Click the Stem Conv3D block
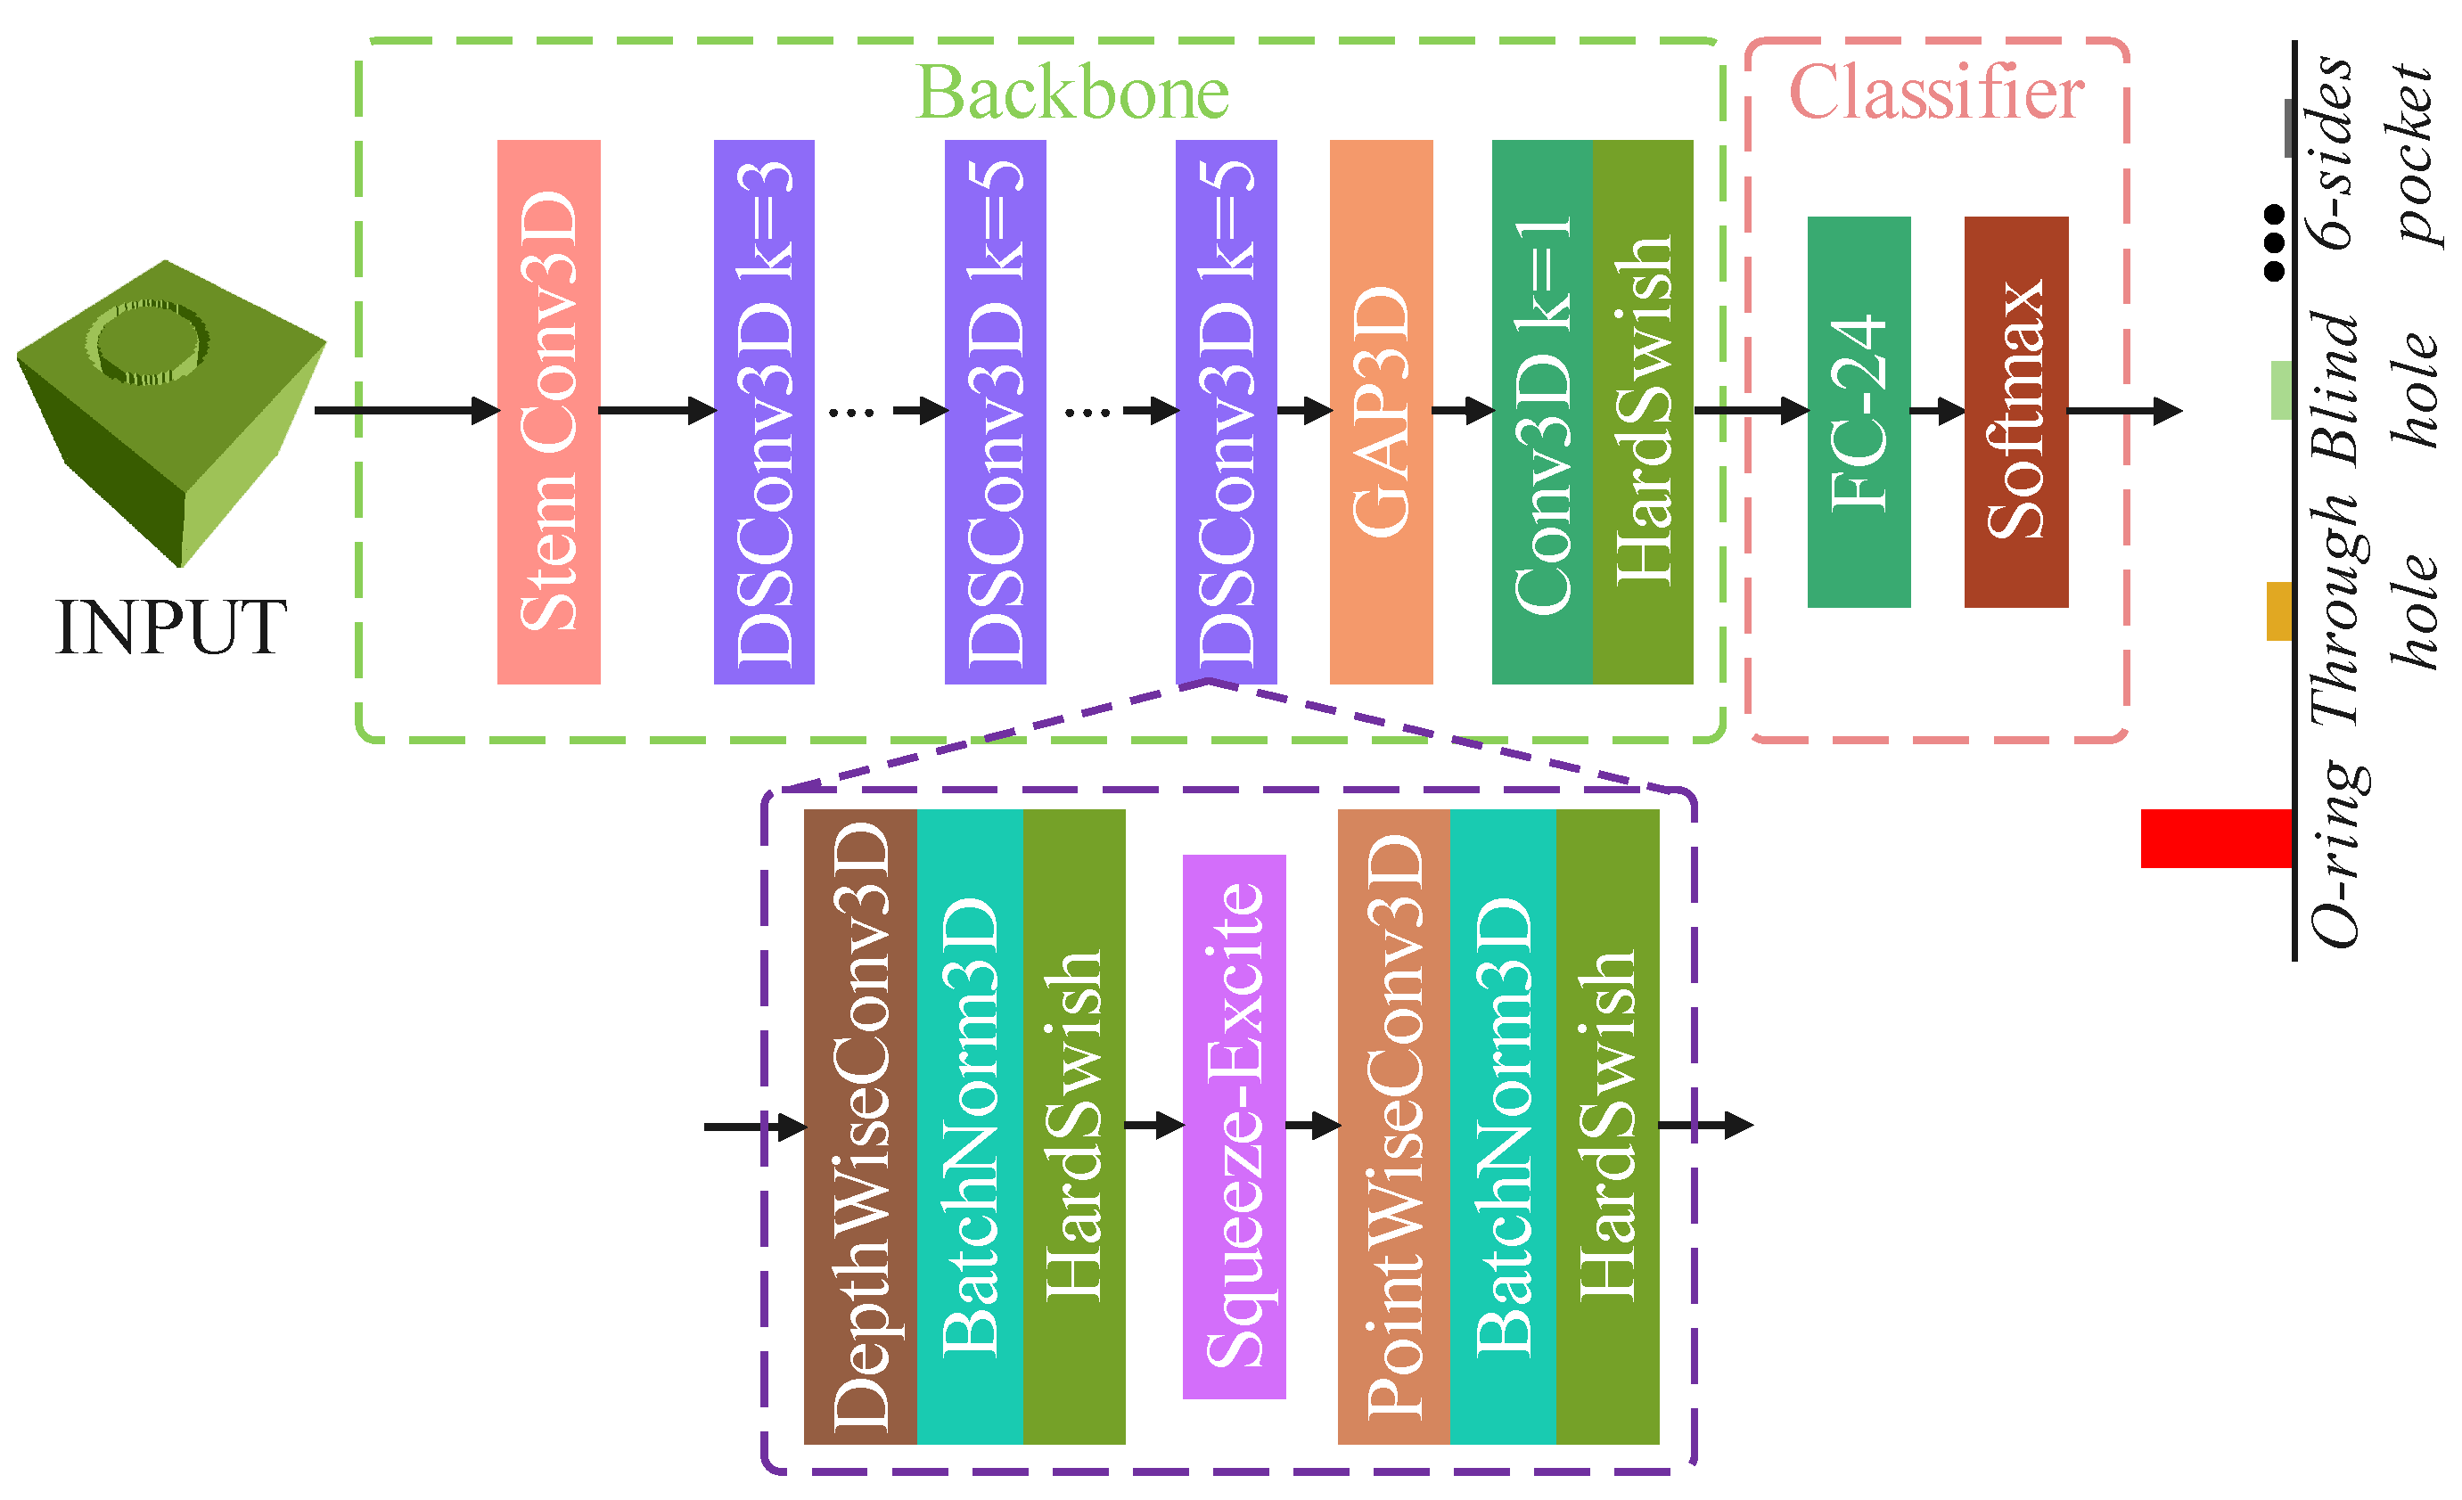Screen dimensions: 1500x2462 point(548,411)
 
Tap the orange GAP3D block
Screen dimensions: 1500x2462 point(1381,411)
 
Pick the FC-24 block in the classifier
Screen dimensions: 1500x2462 point(1859,411)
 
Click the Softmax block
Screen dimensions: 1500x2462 point(2015,411)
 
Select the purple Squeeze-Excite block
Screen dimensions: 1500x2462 point(1233,1127)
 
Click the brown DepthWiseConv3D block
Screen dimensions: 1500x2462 point(859,1127)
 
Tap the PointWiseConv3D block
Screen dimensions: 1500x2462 point(1393,1127)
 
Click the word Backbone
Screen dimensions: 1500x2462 point(1072,93)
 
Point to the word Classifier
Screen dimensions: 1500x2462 point(1935,93)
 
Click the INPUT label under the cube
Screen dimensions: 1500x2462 point(171,627)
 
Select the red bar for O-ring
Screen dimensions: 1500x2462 point(2215,839)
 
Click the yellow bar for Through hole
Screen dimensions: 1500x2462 point(2279,611)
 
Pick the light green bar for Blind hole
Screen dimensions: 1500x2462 point(2281,389)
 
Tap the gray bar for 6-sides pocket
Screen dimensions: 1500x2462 point(2288,128)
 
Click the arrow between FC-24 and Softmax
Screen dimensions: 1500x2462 point(1936,411)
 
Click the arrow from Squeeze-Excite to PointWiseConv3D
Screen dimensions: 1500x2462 point(1311,1127)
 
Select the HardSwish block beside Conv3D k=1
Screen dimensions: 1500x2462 point(1642,411)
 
